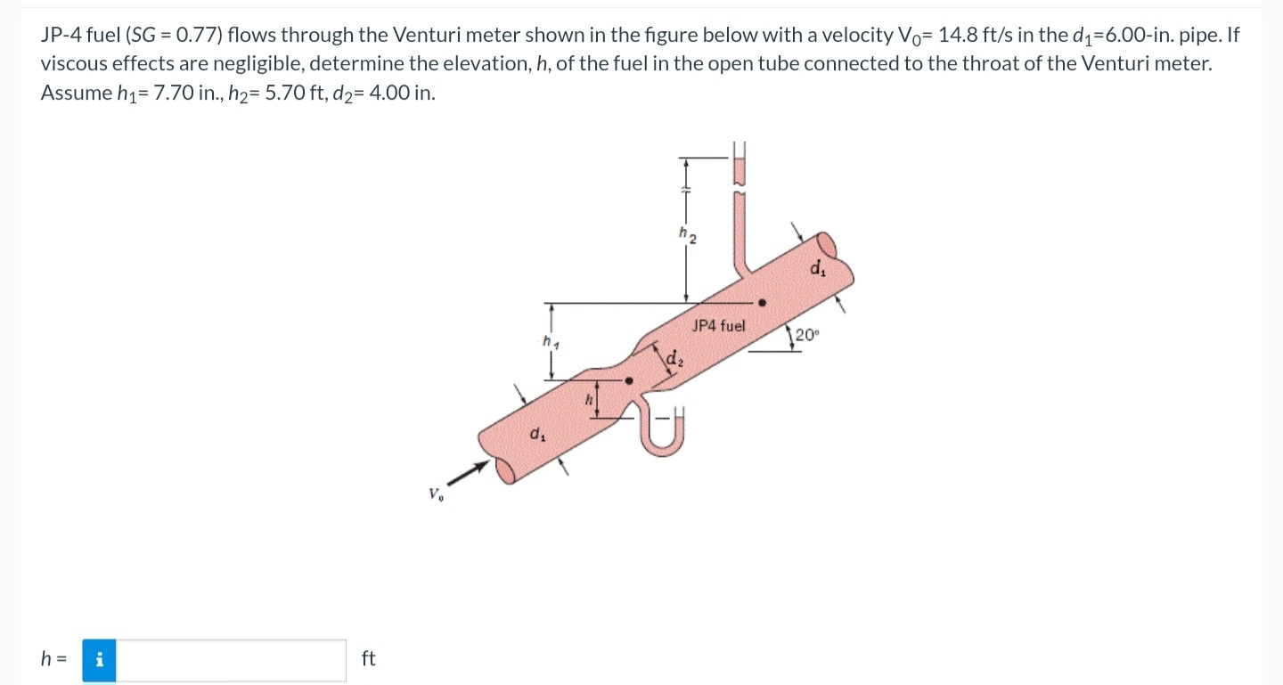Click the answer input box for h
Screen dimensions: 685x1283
coord(231,660)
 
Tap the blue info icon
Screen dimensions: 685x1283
coord(100,660)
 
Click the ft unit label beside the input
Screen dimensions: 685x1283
coord(369,659)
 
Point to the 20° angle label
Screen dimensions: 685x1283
coord(806,336)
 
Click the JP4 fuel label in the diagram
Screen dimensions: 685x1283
coord(718,326)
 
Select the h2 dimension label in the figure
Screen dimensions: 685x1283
coord(687,235)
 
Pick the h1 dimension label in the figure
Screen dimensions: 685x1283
coord(549,341)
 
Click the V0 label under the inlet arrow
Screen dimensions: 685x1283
coord(435,494)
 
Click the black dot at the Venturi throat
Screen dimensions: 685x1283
coord(629,380)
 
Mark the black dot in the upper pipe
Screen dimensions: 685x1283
coord(762,303)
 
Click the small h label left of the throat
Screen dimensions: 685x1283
coord(587,400)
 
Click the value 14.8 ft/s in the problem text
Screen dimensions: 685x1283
coord(974,36)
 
